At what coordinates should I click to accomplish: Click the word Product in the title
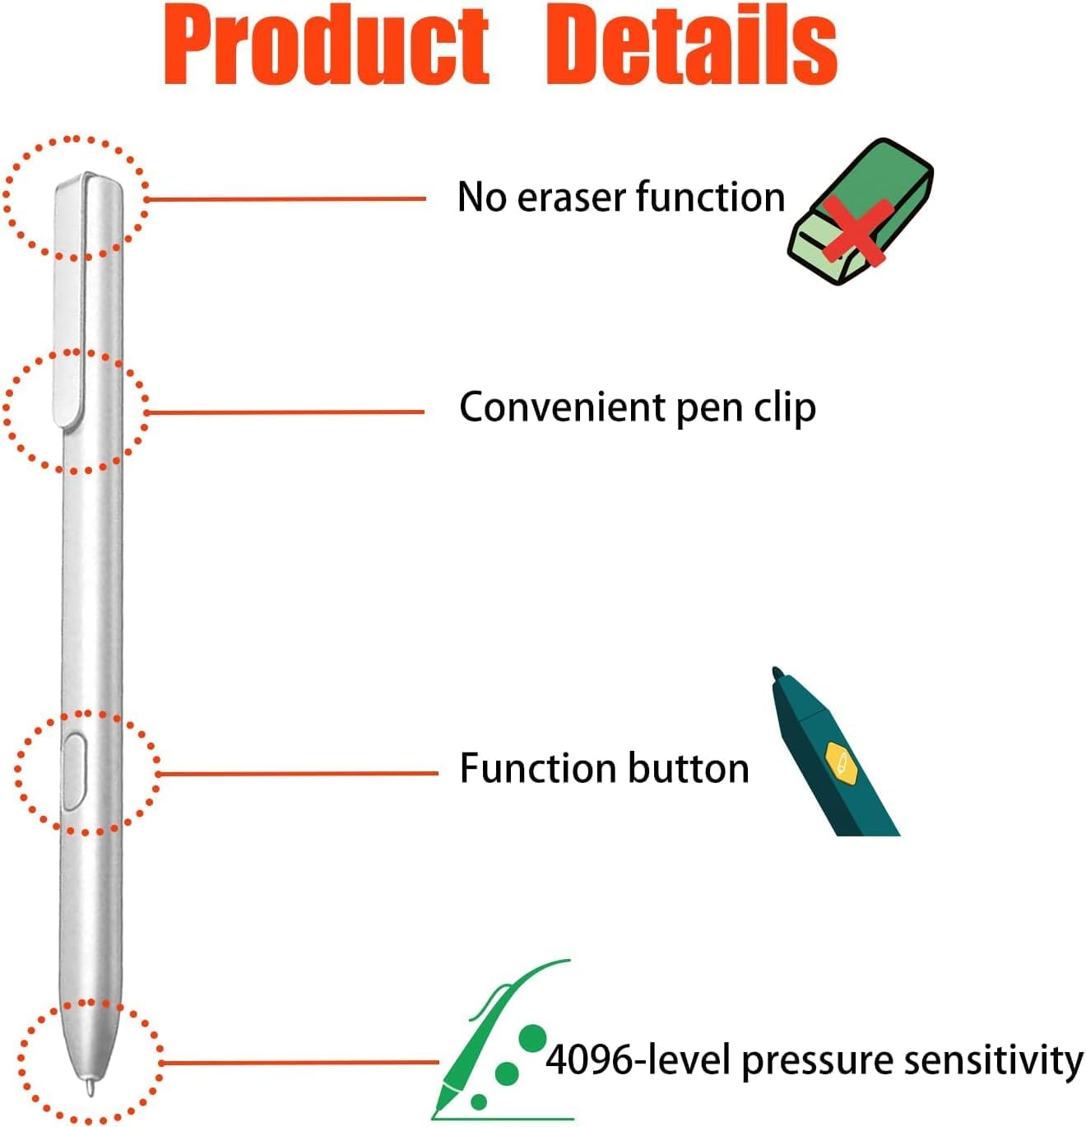click(327, 47)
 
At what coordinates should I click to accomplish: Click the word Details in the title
click(691, 47)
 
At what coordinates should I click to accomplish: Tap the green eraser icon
click(860, 212)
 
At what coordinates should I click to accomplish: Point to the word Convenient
click(562, 407)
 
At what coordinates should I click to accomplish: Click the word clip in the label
click(784, 408)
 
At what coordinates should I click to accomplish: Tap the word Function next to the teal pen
click(538, 768)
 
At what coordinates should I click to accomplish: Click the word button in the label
click(689, 768)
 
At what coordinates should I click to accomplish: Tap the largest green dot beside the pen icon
click(533, 1038)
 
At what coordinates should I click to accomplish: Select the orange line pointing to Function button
click(296, 774)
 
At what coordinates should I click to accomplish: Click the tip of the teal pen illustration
click(777, 673)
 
